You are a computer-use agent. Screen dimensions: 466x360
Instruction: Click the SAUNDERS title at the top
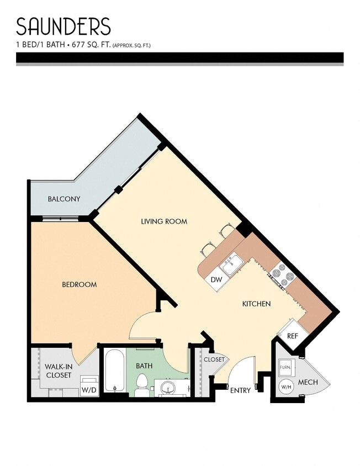(63, 27)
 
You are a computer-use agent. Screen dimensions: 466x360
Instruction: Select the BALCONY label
(64, 199)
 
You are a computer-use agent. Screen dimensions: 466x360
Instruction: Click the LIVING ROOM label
(164, 221)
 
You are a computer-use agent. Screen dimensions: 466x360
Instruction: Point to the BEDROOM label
(79, 284)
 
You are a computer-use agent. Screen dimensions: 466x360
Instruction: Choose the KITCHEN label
(256, 304)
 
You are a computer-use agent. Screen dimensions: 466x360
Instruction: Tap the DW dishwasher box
(216, 280)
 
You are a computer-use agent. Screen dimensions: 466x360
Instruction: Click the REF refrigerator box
(292, 335)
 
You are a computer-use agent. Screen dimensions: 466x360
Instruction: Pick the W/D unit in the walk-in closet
(88, 386)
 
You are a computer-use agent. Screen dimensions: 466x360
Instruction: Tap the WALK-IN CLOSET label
(58, 370)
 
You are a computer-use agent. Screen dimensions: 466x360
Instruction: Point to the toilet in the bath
(142, 385)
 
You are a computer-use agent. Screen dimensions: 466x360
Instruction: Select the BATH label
(144, 365)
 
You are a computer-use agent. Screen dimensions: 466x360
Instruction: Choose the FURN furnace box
(285, 367)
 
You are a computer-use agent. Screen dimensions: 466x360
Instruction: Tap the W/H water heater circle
(287, 387)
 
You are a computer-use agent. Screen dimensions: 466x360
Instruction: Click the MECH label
(308, 382)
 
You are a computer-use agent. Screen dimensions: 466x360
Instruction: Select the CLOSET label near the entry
(214, 359)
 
